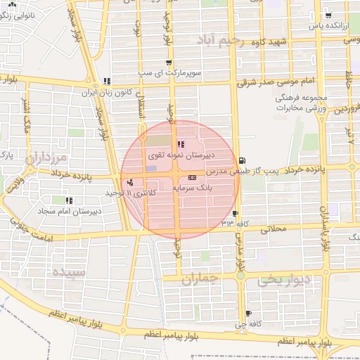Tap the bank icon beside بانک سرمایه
click(192, 179)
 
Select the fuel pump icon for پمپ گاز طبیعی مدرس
click(242, 160)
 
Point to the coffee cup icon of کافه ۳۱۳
click(235, 214)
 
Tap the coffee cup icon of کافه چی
click(248, 313)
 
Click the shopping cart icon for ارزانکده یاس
click(328, 15)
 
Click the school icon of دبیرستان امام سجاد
click(69, 200)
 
